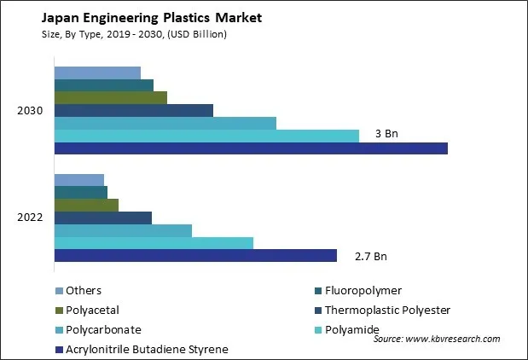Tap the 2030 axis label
click(x=30, y=111)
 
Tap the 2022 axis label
click(x=30, y=218)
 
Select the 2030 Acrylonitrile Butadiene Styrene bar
click(x=251, y=148)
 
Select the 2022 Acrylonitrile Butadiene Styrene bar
click(x=195, y=256)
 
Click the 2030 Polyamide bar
click(x=206, y=136)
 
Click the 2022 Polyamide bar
click(x=154, y=243)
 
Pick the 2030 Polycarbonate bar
click(x=165, y=123)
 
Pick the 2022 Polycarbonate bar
click(x=123, y=230)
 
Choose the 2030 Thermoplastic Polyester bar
click(x=133, y=110)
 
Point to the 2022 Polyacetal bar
click(x=86, y=205)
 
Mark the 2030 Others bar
click(x=97, y=73)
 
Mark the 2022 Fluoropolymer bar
click(x=81, y=192)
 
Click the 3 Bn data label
click(x=386, y=135)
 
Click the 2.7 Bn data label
click(x=370, y=256)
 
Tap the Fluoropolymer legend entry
click(x=363, y=291)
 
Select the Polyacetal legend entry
click(x=94, y=311)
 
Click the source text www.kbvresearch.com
click(x=436, y=339)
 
